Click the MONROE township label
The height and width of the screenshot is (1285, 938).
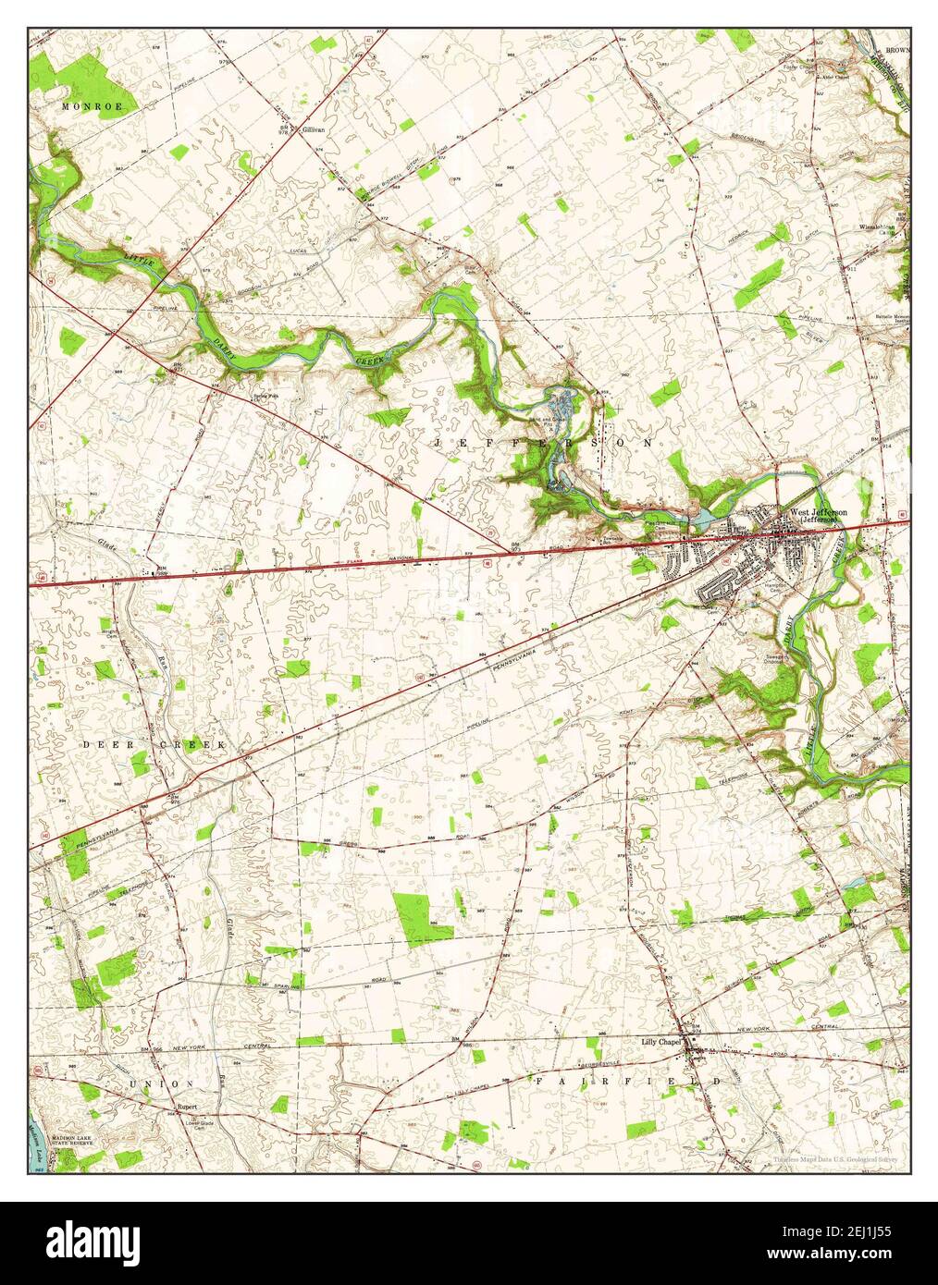click(93, 107)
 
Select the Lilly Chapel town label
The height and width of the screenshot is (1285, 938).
click(660, 1042)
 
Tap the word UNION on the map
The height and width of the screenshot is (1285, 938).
click(162, 1083)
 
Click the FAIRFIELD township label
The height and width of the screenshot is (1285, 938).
click(627, 1080)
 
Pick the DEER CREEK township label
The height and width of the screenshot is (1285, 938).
click(154, 744)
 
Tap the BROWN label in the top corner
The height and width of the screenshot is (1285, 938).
click(896, 49)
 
